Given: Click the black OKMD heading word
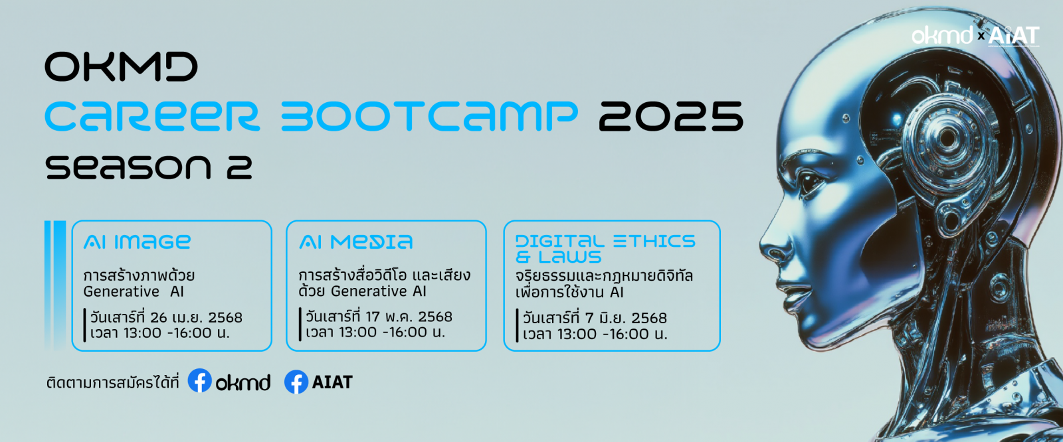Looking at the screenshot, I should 121,67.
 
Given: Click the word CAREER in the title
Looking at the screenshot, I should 151,116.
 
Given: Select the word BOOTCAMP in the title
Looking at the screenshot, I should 429,116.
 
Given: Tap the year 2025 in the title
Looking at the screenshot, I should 670,116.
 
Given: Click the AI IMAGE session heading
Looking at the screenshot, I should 137,242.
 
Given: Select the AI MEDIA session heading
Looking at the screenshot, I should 356,242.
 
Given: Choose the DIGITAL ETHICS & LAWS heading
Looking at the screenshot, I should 605,248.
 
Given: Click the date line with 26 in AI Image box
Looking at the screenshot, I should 167,317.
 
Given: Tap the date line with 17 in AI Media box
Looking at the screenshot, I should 379,317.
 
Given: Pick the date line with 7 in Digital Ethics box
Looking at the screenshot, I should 595,318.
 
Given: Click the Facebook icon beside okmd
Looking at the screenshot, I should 199,381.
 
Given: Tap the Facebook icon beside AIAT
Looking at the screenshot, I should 296,382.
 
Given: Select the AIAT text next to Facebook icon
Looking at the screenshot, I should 332,382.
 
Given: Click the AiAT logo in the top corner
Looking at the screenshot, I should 1013,36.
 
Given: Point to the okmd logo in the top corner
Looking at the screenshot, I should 941,35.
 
